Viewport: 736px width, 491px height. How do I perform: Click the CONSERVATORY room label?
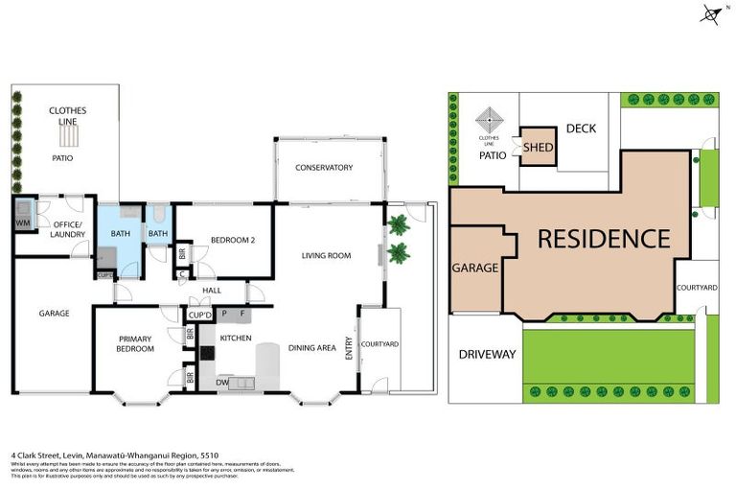(324, 168)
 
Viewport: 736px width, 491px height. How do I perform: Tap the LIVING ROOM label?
(326, 256)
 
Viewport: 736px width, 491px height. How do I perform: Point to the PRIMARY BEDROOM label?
(135, 343)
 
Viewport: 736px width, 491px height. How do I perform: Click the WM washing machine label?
(22, 223)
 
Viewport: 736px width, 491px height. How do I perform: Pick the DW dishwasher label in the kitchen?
(223, 382)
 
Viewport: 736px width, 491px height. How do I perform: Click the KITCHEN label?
(236, 339)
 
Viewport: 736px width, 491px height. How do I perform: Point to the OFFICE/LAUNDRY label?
(68, 229)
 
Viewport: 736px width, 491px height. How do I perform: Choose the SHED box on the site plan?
(538, 148)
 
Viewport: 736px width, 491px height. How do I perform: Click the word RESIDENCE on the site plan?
(603, 239)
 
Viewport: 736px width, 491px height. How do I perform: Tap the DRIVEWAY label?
(487, 355)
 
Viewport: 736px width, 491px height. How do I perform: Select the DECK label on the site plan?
(581, 129)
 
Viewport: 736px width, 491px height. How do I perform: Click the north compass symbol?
(711, 13)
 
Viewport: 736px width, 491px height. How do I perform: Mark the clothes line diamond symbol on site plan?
(491, 122)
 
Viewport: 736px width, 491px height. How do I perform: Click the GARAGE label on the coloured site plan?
(474, 269)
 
